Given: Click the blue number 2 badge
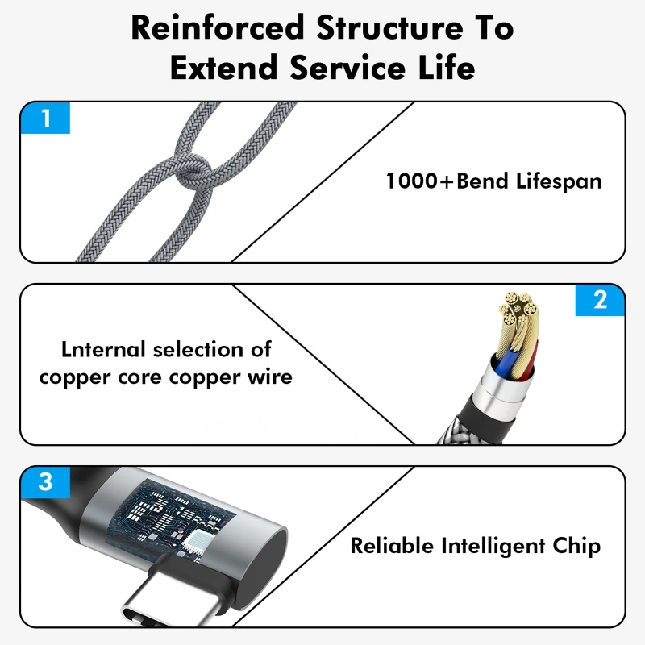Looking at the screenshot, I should pos(600,300).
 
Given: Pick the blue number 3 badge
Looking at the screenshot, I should pos(45,482).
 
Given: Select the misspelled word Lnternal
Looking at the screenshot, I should pos(105,350).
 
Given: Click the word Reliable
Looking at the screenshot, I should pos(391,546).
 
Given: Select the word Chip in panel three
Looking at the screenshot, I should pos(576,546).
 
